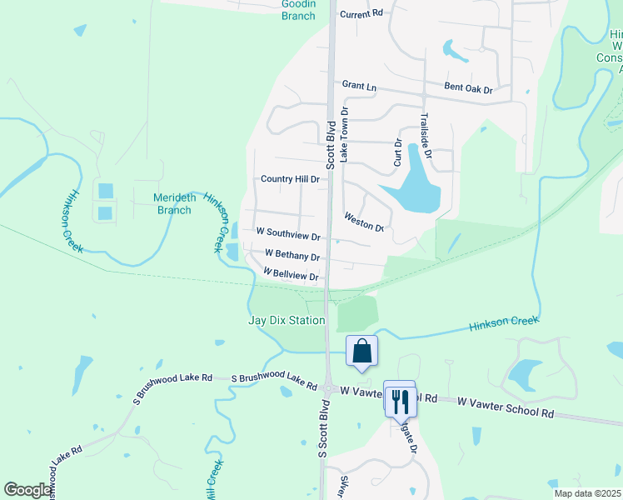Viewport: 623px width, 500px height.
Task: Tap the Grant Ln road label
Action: pos(359,85)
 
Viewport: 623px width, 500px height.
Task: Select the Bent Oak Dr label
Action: pos(469,88)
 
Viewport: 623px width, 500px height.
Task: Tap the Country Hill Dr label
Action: pos(290,179)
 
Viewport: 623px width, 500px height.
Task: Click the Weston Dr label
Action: pos(364,222)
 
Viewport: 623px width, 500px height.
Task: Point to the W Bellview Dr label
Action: pos(291,274)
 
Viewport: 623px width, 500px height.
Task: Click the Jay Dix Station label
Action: pos(287,320)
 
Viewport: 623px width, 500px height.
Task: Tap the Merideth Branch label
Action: pos(173,204)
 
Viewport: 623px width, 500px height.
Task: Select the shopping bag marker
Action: pos(362,352)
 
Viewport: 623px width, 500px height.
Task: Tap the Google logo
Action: pos(28,490)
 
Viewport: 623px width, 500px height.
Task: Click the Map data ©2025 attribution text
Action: pos(587,492)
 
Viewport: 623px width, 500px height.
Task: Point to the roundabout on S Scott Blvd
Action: pos(329,388)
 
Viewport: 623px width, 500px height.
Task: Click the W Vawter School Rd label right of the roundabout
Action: pos(506,412)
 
